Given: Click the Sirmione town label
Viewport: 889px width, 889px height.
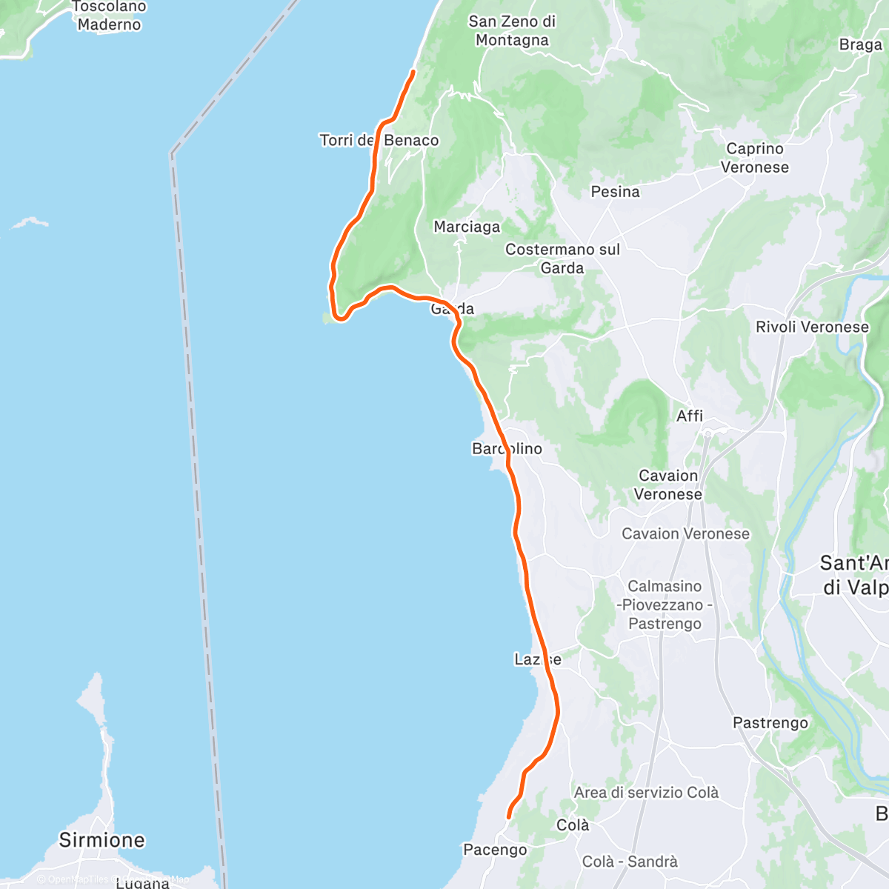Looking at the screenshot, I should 101,840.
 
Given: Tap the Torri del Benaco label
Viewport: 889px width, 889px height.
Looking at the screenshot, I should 379,141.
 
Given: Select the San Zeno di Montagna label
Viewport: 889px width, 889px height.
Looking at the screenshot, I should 512,31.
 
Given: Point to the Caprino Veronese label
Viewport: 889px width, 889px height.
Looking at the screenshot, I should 755,158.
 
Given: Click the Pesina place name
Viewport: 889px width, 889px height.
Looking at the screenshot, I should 615,192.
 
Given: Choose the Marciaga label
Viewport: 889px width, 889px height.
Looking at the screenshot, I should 467,227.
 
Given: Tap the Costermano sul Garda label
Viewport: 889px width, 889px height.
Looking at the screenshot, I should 562,259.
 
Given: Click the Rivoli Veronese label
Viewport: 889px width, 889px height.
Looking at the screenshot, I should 812,327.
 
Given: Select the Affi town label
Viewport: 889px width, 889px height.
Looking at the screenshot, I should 690,416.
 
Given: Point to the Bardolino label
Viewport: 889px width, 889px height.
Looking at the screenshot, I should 507,449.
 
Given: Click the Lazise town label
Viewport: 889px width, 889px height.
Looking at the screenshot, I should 537,659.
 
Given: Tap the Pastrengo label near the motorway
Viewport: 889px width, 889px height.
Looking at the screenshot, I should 770,722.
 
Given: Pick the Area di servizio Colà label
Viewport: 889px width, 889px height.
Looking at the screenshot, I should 646,793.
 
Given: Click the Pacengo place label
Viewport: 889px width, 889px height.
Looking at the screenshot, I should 495,850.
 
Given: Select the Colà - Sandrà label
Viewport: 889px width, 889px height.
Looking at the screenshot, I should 630,862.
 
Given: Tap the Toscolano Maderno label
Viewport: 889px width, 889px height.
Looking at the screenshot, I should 109,16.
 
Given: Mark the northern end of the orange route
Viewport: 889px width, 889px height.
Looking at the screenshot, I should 413,71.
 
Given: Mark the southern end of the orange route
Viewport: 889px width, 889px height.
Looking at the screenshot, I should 508,817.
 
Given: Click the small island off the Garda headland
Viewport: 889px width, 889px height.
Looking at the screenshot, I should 325,318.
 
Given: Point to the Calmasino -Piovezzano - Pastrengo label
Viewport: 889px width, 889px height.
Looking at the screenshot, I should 665,605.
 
